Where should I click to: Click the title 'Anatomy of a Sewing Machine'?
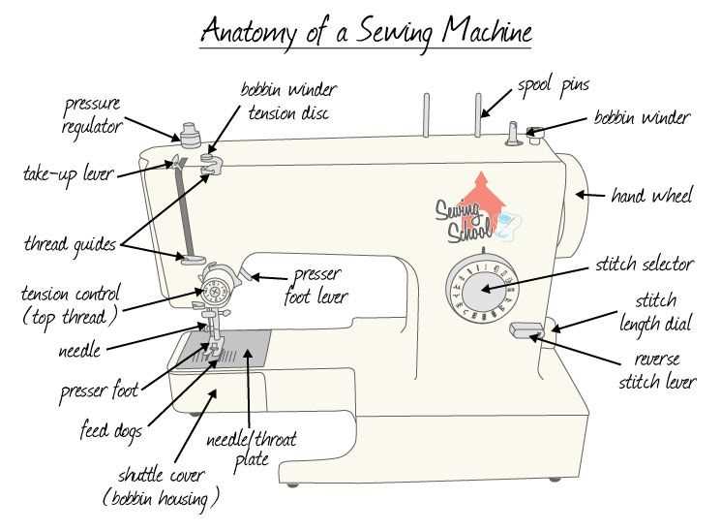[366, 31]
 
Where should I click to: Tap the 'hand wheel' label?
[651, 197]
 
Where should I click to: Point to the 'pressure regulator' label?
[94, 114]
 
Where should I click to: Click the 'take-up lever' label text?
[68, 174]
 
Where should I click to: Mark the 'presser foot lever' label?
[315, 287]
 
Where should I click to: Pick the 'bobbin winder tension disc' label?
[288, 102]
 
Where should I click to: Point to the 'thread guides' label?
[69, 245]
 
